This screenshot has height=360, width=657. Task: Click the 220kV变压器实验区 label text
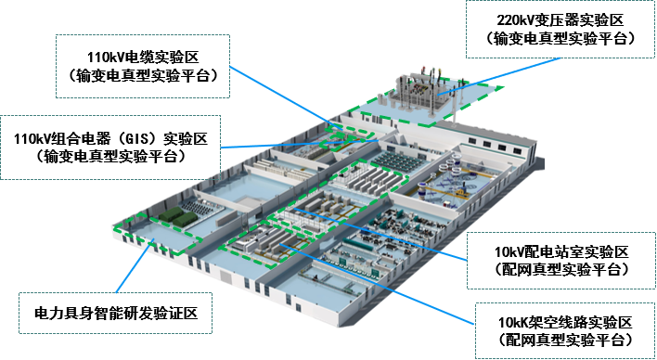pos(560,19)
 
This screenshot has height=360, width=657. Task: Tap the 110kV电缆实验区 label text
pos(143,57)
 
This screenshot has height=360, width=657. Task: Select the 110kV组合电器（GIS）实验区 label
pos(110,138)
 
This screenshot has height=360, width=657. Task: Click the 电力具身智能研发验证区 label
pos(116,313)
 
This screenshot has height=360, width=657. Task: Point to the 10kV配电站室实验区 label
pos(562,251)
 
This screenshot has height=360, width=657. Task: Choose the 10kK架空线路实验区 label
pos(565,322)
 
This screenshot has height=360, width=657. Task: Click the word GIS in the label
pos(137,138)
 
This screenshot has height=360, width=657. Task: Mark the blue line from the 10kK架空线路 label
pos(377,284)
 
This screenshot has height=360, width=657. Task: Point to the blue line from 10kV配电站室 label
pos(380,234)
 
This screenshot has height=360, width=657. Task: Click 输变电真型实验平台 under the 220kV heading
pos(560,39)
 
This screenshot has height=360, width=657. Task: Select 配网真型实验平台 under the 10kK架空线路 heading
pos(565,339)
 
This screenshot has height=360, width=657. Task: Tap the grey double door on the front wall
pos(225,276)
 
